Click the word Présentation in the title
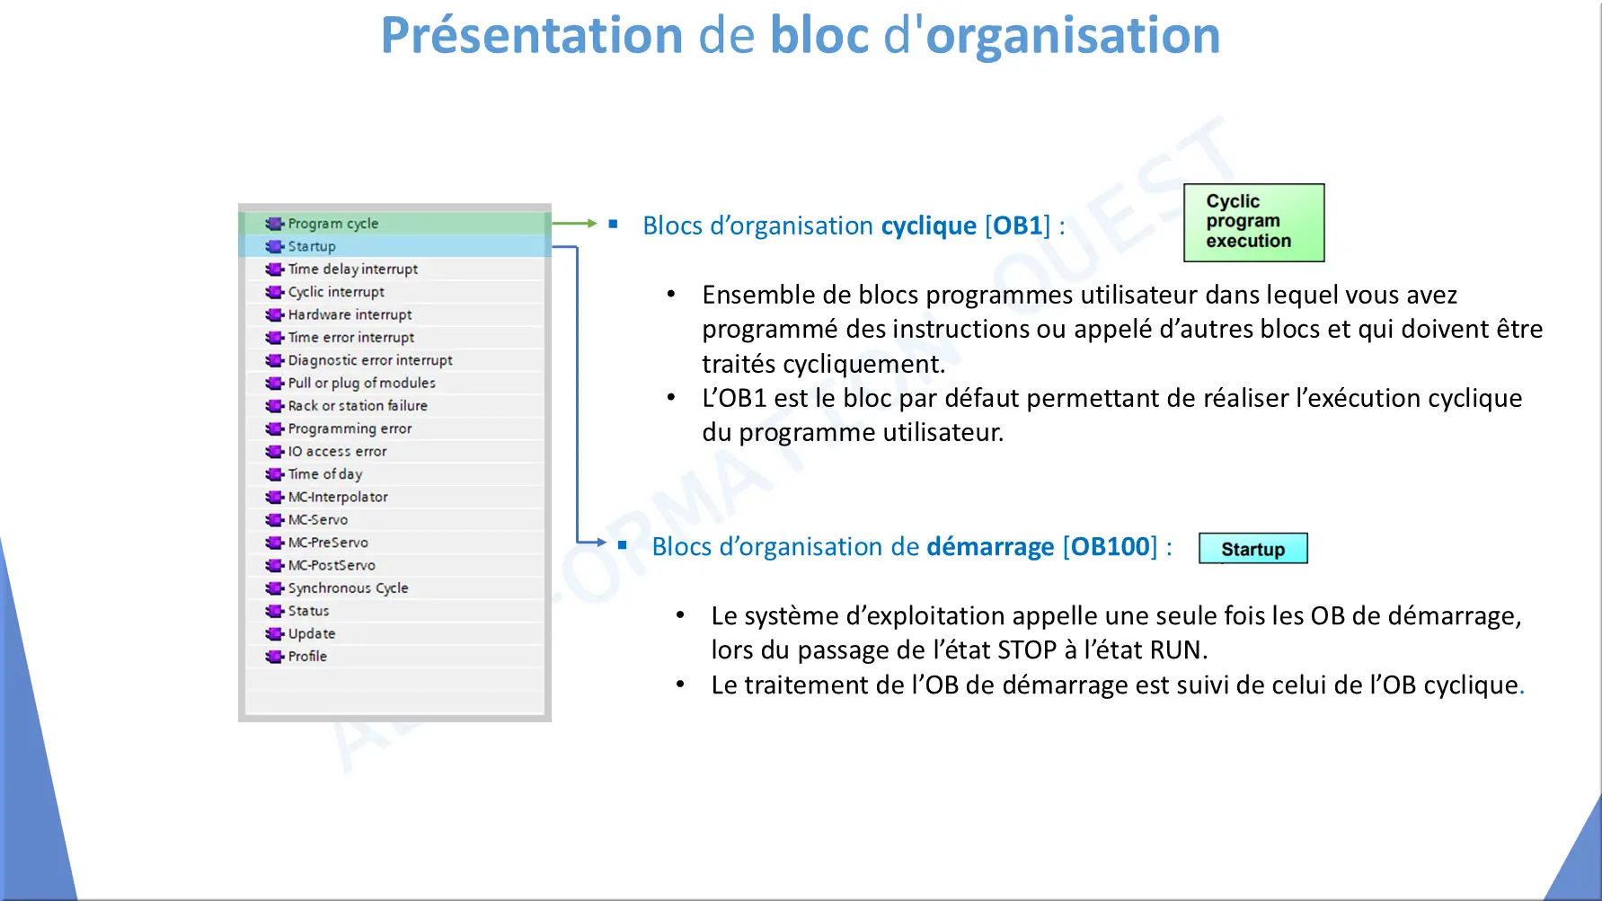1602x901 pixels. click(x=532, y=36)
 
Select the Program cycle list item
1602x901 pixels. click(x=332, y=224)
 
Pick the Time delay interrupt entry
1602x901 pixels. click(x=352, y=269)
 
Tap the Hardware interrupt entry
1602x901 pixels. click(x=350, y=314)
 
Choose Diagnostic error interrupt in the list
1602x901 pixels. click(x=369, y=360)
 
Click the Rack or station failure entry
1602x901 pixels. click(x=357, y=406)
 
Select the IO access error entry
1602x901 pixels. click(x=337, y=451)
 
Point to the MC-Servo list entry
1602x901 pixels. click(x=317, y=519)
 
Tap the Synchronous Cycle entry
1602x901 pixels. click(x=348, y=587)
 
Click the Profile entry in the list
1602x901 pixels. click(x=307, y=657)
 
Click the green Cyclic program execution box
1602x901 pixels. click(x=1253, y=223)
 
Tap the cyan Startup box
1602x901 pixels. click(x=1252, y=549)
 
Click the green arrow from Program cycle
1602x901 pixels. click(x=574, y=223)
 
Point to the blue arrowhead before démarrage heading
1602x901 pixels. click(x=602, y=542)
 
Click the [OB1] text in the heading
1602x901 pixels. click(x=1017, y=225)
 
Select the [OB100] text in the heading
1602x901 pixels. click(x=1110, y=546)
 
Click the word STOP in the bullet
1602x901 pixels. click(x=1031, y=649)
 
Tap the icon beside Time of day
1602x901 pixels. click(x=274, y=474)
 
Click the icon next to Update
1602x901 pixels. click(x=274, y=634)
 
